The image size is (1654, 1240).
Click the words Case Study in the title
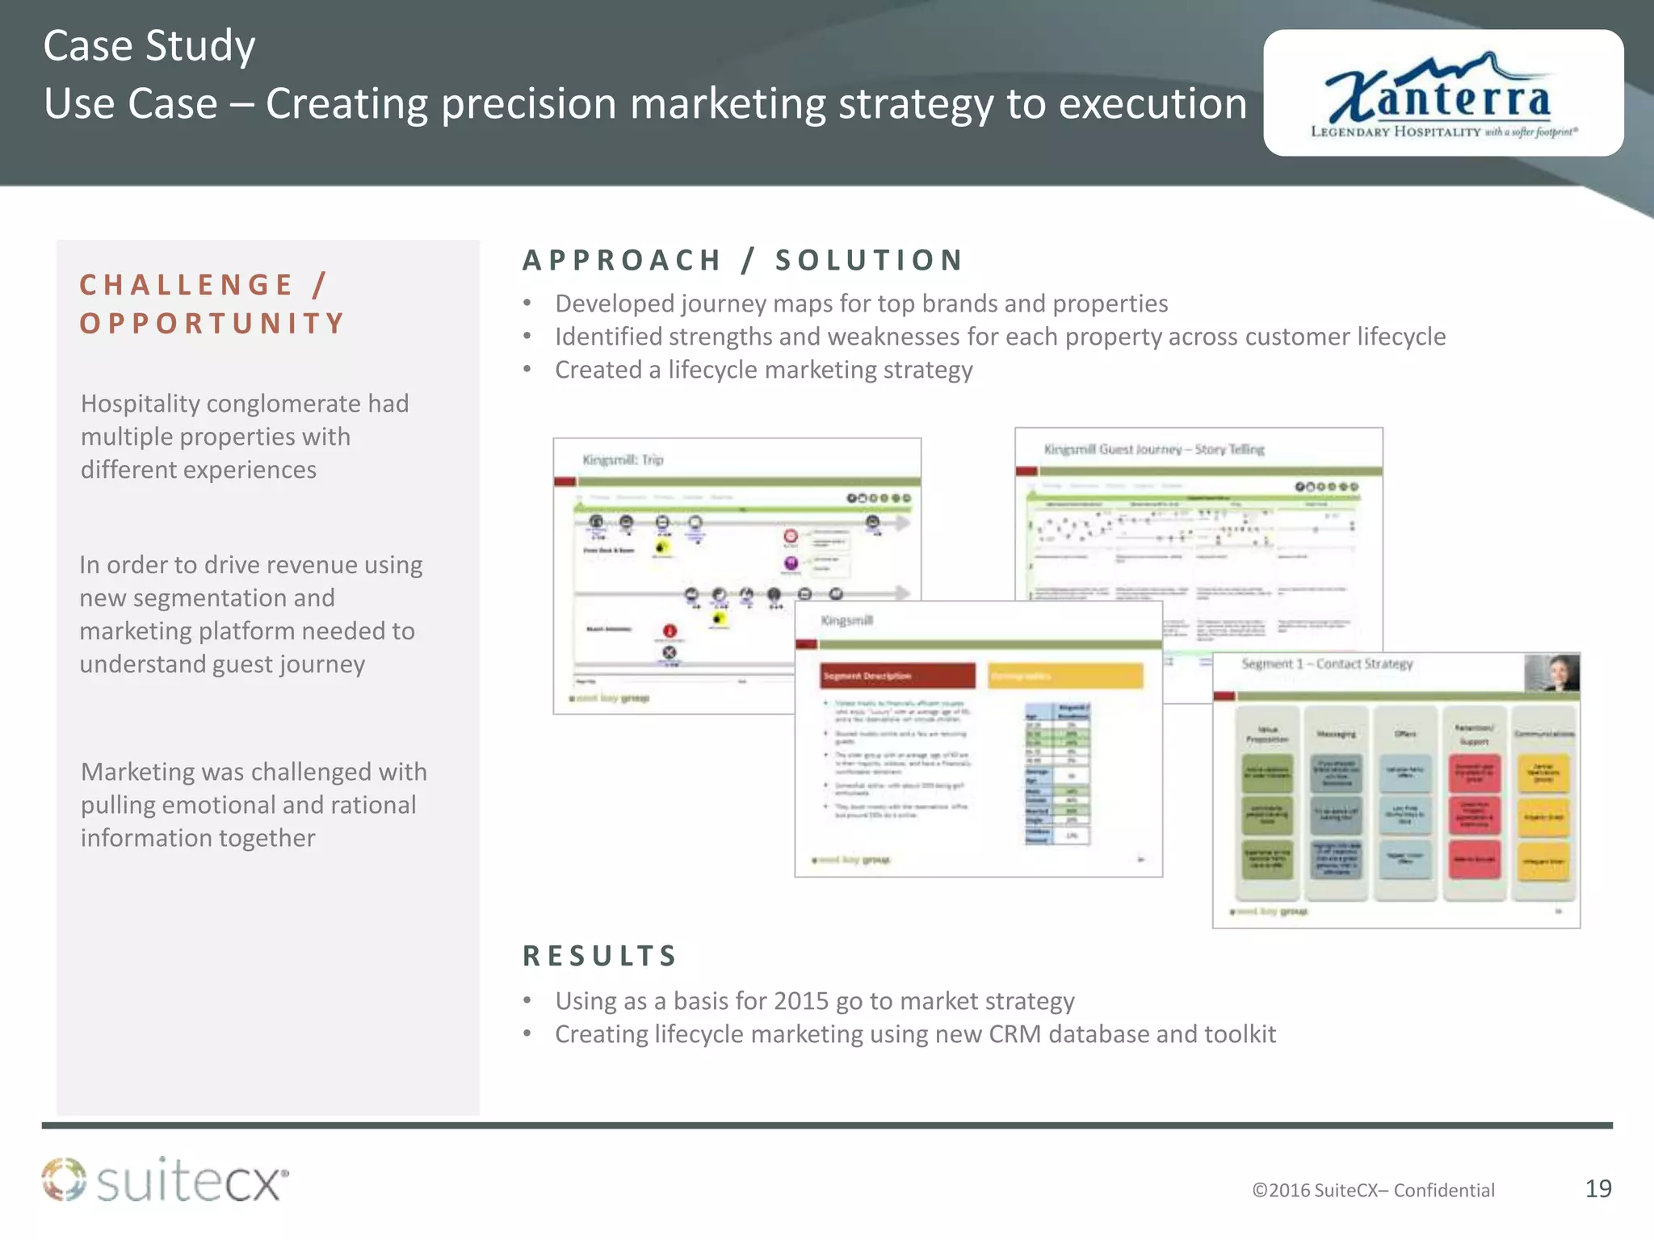[x=149, y=46]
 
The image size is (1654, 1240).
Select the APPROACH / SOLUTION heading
[x=743, y=260]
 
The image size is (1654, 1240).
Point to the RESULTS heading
[x=599, y=956]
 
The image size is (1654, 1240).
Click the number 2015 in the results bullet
[x=801, y=1001]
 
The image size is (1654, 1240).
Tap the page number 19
[x=1598, y=1188]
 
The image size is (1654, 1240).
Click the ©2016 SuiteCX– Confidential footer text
[x=1373, y=1190]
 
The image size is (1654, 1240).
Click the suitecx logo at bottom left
[x=166, y=1180]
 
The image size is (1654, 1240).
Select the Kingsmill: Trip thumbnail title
[x=623, y=459]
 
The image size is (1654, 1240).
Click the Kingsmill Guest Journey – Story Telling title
[x=1153, y=449]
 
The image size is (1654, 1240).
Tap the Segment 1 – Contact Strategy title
[x=1327, y=664]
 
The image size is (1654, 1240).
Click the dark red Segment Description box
[x=897, y=676]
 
